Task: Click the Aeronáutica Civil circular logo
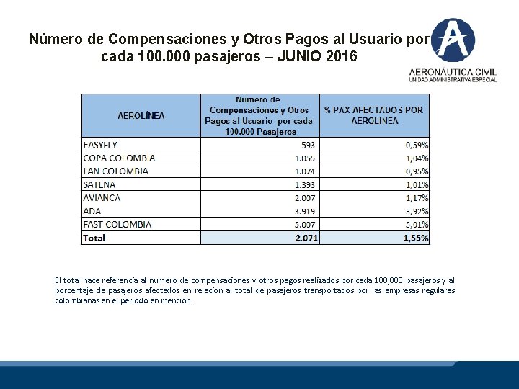453,39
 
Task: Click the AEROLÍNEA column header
141,115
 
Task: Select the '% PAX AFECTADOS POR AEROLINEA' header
374,115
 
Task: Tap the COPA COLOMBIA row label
119,158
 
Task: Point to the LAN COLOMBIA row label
115,171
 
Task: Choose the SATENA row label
99,184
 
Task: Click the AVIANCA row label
102,197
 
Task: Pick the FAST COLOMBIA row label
117,224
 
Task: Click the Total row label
94,238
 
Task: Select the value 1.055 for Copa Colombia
306,158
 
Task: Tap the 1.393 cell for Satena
306,184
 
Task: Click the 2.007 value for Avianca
306,197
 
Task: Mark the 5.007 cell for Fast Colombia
306,224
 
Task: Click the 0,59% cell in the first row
417,145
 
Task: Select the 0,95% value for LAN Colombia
417,171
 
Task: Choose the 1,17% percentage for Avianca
417,197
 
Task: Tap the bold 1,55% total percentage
416,238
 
